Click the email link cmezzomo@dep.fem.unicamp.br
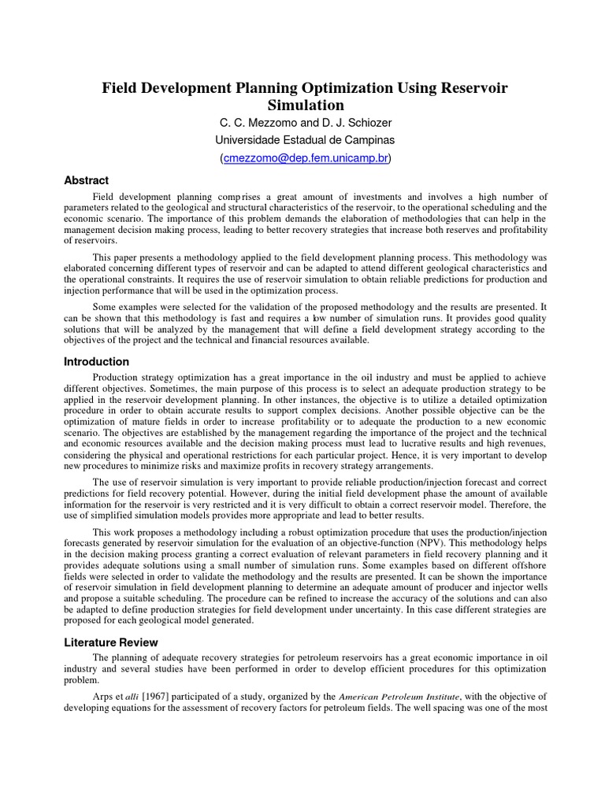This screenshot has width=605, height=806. click(x=306, y=157)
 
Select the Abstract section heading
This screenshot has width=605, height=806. click(x=86, y=180)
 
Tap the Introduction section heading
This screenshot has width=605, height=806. click(x=96, y=362)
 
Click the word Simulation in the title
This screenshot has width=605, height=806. click(x=305, y=105)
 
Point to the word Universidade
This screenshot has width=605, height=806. click(x=249, y=140)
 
